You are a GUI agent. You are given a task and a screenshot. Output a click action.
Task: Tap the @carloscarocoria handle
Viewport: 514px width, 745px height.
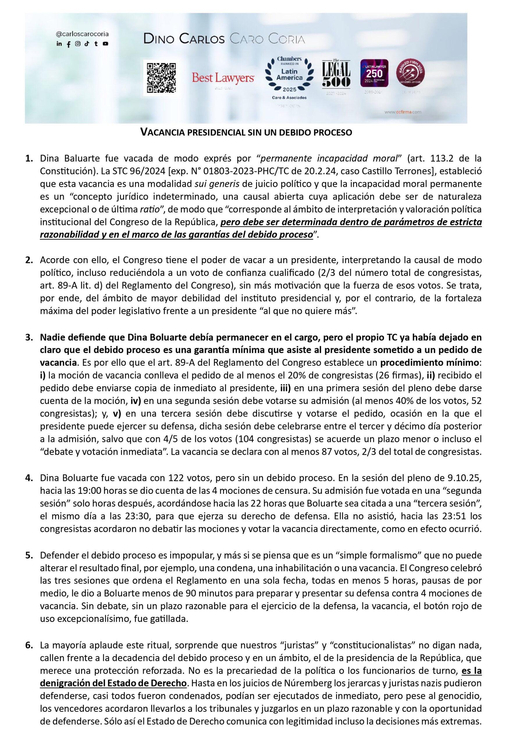click(x=82, y=34)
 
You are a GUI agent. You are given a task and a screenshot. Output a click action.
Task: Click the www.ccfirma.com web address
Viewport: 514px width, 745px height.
click(x=403, y=112)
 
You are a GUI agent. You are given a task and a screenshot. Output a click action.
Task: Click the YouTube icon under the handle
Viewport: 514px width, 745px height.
click(x=105, y=44)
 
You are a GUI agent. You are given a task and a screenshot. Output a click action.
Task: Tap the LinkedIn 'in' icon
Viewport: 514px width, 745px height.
click(x=59, y=44)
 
